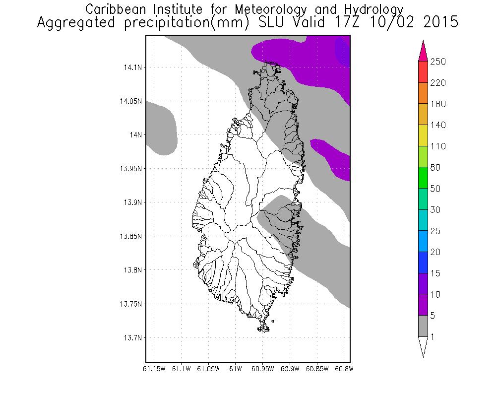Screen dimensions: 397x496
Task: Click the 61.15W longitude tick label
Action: click(154, 369)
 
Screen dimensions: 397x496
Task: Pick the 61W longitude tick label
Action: click(235, 369)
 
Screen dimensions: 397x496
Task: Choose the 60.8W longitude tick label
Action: click(343, 369)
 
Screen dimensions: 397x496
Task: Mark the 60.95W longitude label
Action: click(262, 369)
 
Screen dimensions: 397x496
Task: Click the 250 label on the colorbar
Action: click(438, 62)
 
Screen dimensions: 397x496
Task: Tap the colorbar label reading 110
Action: click(438, 146)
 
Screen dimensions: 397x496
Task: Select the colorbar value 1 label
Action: click(433, 337)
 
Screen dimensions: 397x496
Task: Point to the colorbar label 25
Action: click(436, 231)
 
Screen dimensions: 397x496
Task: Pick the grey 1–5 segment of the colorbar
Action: click(423, 326)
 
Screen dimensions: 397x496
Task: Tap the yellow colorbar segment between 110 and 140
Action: click(423, 135)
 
